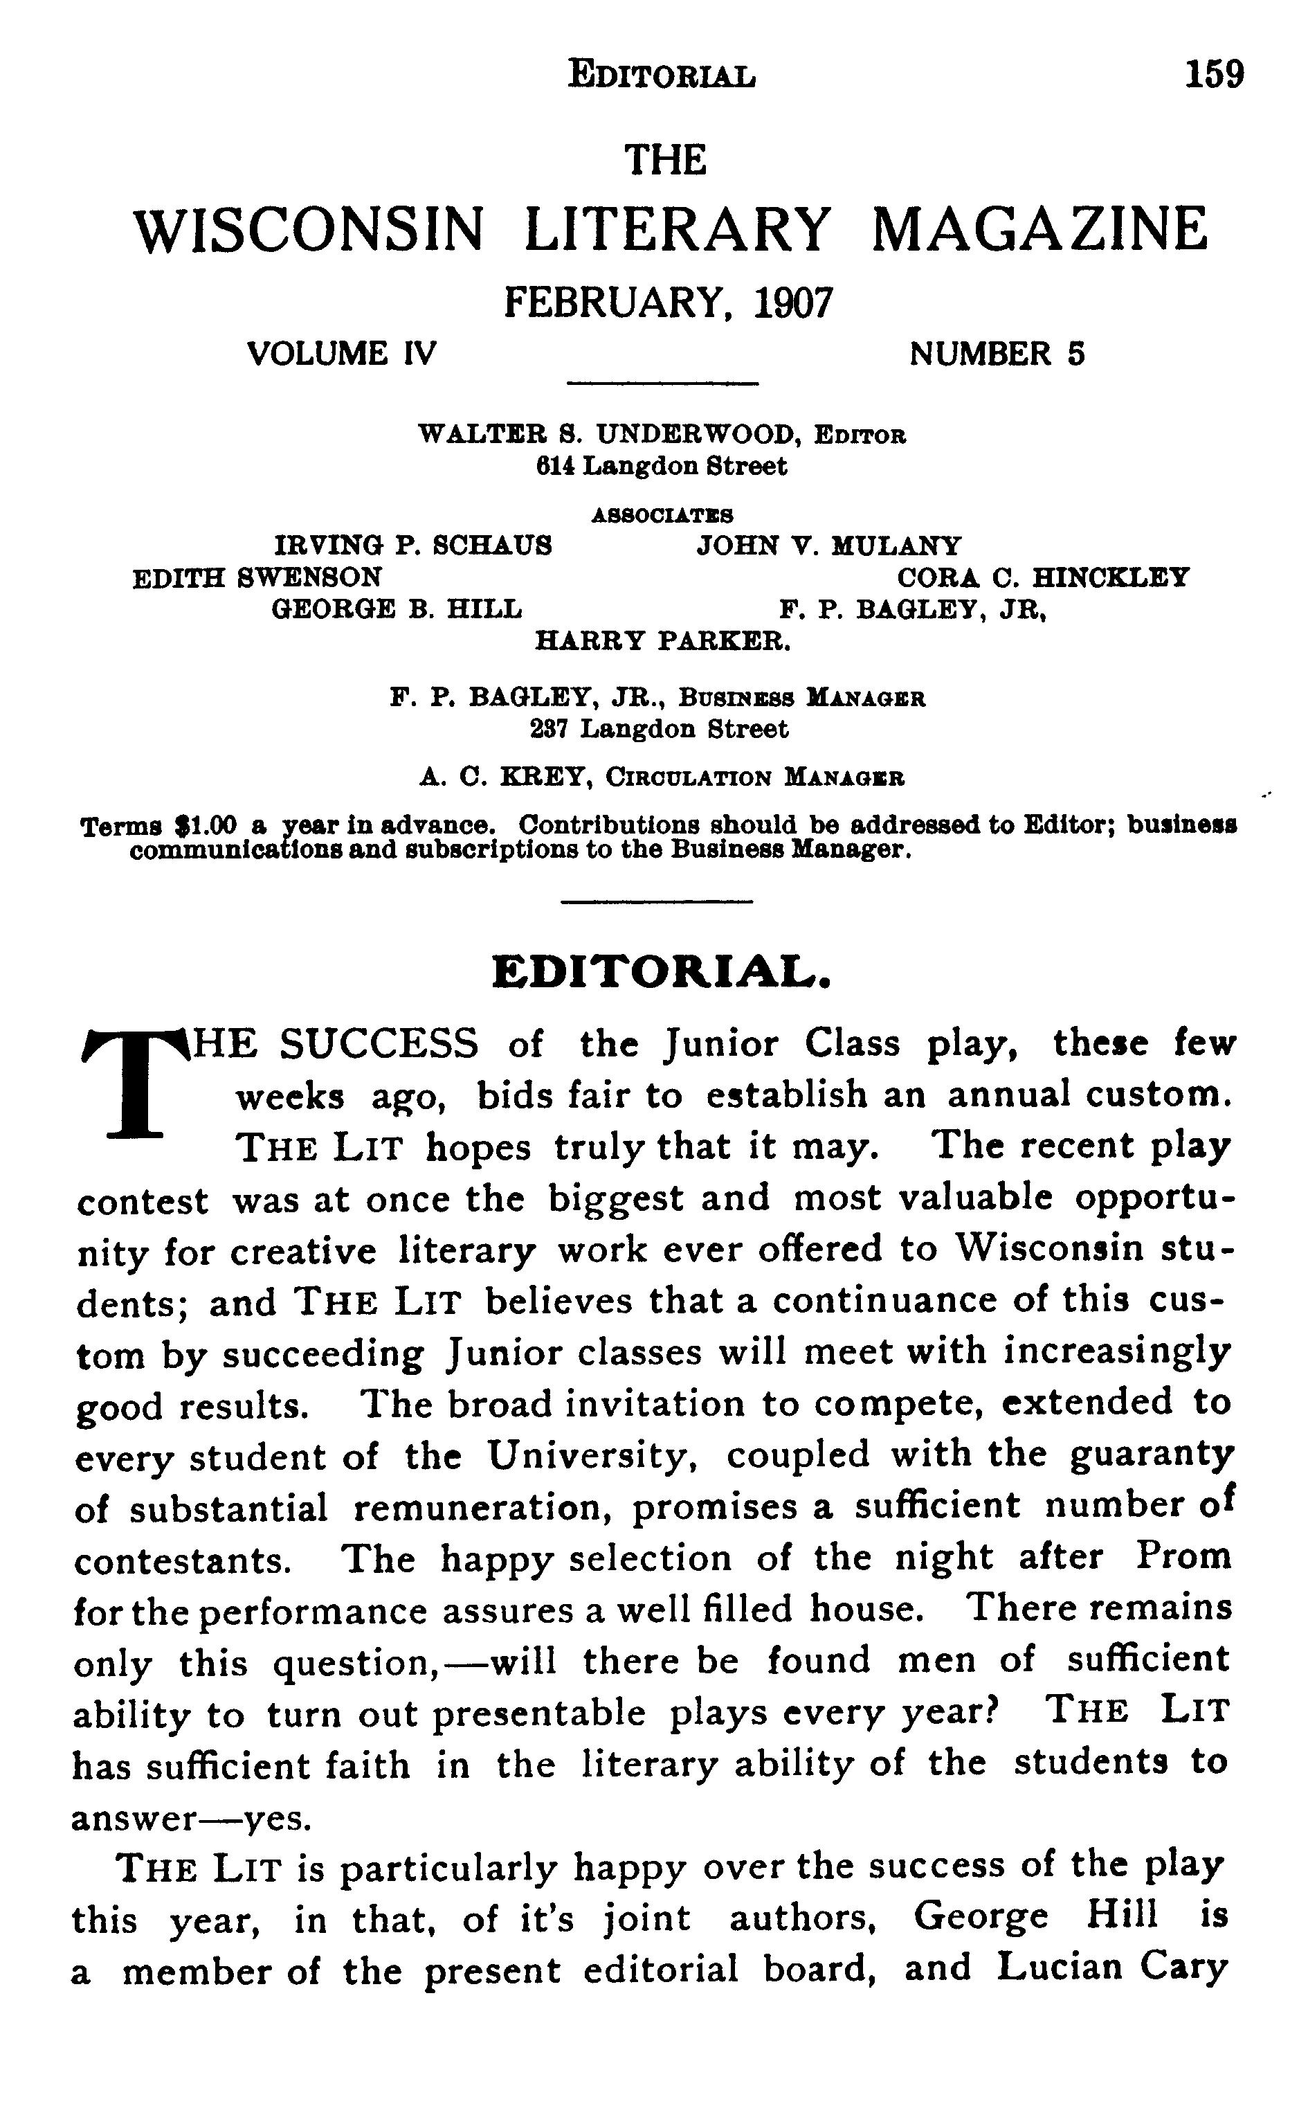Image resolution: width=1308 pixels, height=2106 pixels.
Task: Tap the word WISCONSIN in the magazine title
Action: [x=309, y=231]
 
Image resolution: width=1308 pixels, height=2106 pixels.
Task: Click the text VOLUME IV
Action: [x=342, y=354]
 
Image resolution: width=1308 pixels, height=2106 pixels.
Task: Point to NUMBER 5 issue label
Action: [x=997, y=354]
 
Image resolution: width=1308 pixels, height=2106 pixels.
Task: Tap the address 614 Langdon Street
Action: [x=662, y=467]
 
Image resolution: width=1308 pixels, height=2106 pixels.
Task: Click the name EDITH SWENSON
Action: [x=257, y=577]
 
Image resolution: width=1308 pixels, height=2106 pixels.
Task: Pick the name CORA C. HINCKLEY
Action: [x=1042, y=577]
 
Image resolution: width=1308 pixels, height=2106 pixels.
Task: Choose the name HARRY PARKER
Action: [x=663, y=641]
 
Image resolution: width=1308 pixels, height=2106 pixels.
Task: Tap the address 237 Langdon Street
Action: [x=659, y=730]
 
